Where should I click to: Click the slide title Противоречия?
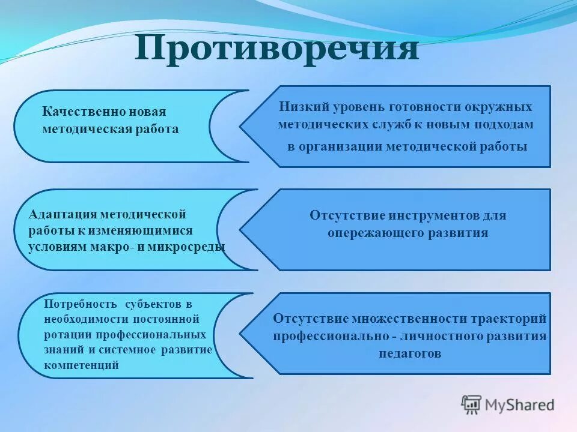(x=276, y=49)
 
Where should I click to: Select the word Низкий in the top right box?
(x=299, y=107)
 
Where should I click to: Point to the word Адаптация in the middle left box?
(x=63, y=214)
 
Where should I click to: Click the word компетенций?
(x=81, y=365)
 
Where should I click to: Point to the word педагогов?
(x=410, y=353)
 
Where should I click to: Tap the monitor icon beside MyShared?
(x=471, y=404)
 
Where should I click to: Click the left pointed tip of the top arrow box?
(x=241, y=127)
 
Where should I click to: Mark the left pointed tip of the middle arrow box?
(x=241, y=230)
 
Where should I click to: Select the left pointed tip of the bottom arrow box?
(x=241, y=333)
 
